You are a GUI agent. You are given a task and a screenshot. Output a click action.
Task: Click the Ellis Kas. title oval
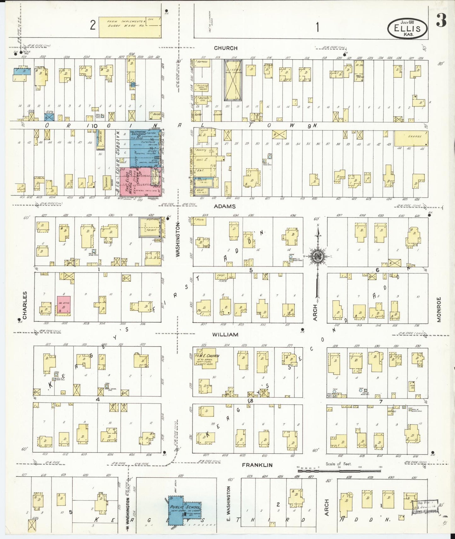407,28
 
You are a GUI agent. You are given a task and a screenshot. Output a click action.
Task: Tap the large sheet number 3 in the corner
441,21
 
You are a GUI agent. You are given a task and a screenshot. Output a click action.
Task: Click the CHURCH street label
225,48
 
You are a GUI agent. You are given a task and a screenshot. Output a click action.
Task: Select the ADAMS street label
225,206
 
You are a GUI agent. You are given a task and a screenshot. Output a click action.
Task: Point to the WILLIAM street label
225,335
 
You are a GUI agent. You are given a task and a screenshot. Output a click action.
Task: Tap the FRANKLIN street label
257,465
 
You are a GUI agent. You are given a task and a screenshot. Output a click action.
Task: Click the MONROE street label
439,309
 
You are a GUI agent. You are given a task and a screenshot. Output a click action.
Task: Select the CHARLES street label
25,305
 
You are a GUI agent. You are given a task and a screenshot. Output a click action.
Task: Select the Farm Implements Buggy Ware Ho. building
130,27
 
